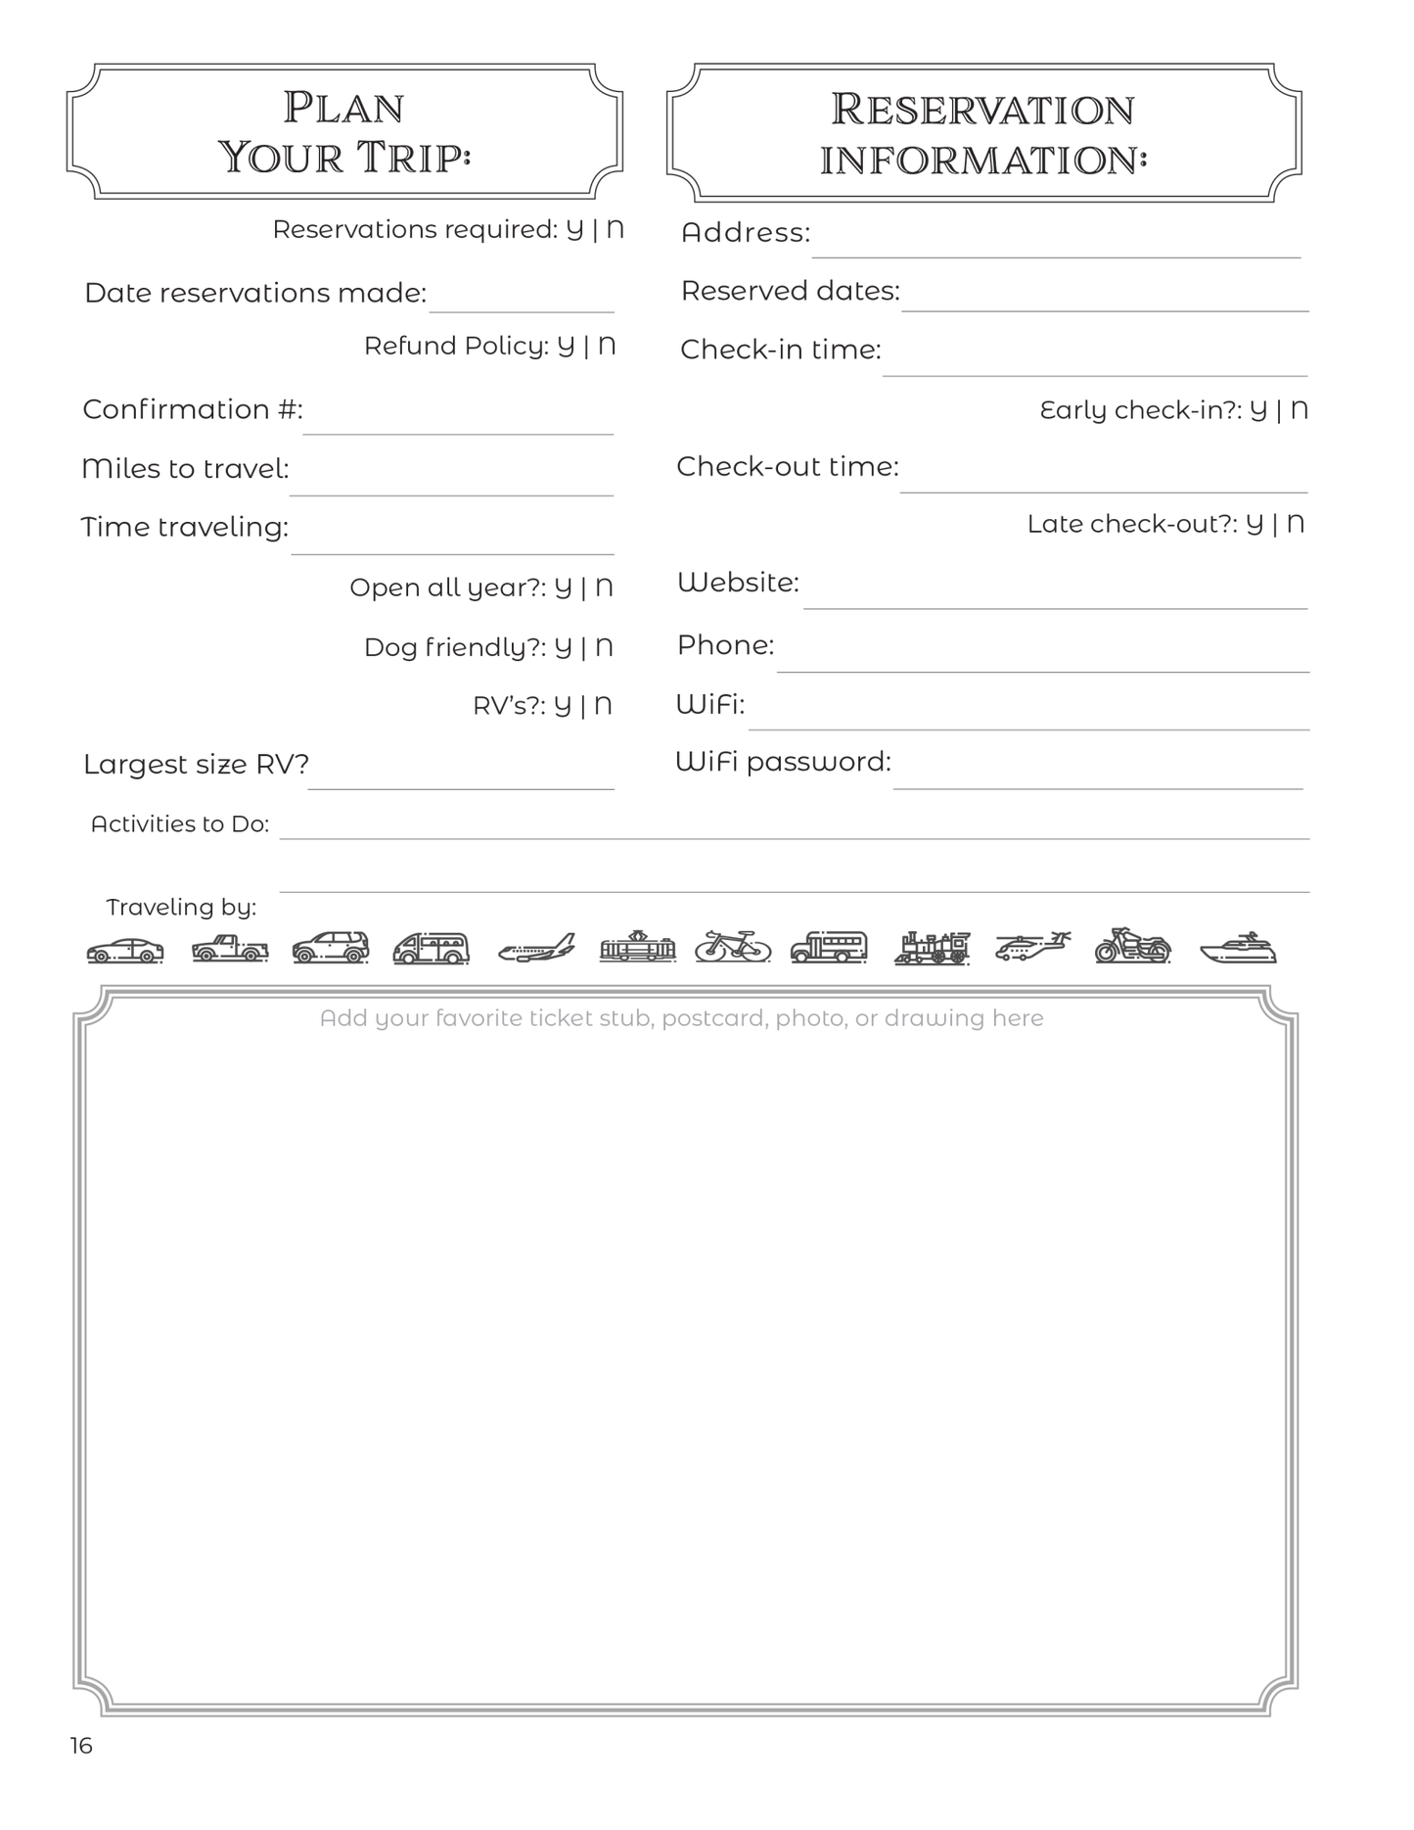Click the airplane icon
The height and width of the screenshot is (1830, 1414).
pyautogui.click(x=536, y=948)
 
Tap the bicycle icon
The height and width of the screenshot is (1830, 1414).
pyautogui.click(x=733, y=946)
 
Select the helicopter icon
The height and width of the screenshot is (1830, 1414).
pyautogui.click(x=1032, y=946)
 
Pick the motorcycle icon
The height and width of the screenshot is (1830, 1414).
pyautogui.click(x=1133, y=946)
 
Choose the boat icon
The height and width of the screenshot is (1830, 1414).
pyautogui.click(x=1239, y=948)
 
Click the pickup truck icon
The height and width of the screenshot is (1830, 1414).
pyautogui.click(x=229, y=948)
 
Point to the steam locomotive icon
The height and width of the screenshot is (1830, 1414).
pyautogui.click(x=932, y=948)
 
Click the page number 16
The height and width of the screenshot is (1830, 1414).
pyautogui.click(x=81, y=1746)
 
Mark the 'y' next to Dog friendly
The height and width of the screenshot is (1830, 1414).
pyautogui.click(x=563, y=647)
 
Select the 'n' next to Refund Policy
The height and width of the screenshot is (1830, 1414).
pyautogui.click(x=607, y=346)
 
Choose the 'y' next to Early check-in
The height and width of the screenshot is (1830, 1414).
pyautogui.click(x=1258, y=409)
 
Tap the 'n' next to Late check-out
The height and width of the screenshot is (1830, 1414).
pyautogui.click(x=1296, y=524)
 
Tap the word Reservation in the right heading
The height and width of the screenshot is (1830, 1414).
pyautogui.click(x=982, y=110)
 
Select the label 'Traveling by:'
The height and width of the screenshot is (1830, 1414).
pyautogui.click(x=181, y=908)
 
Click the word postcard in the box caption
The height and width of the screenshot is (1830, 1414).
pyautogui.click(x=713, y=1019)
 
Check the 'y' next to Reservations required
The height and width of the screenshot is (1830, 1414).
pyautogui.click(x=574, y=229)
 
